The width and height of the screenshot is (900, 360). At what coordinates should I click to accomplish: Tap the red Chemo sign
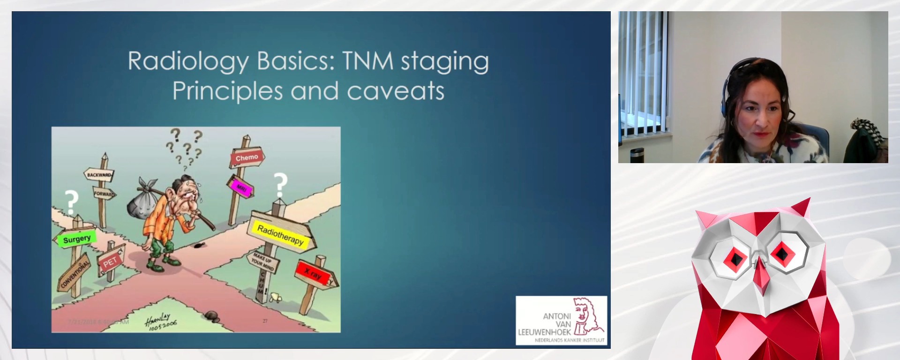pyautogui.click(x=247, y=158)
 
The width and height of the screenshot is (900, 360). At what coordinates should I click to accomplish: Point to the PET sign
pyautogui.click(x=110, y=263)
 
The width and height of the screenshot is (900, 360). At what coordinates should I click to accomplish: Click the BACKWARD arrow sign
pyautogui.click(x=99, y=175)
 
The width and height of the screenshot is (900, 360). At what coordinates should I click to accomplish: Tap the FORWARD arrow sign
pyautogui.click(x=104, y=193)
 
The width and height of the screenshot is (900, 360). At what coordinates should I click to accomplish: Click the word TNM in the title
pyautogui.click(x=367, y=61)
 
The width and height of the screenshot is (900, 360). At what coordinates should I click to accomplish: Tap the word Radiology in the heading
pyautogui.click(x=188, y=61)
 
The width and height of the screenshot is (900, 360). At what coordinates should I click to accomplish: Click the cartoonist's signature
pyautogui.click(x=159, y=322)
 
